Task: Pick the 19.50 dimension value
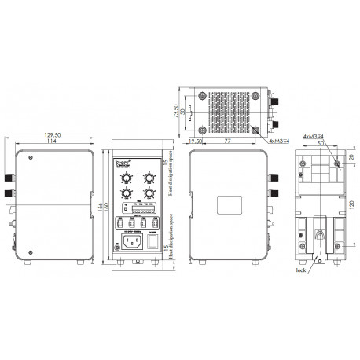(196, 140)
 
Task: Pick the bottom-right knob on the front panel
(148, 193)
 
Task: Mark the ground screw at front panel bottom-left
(118, 256)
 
